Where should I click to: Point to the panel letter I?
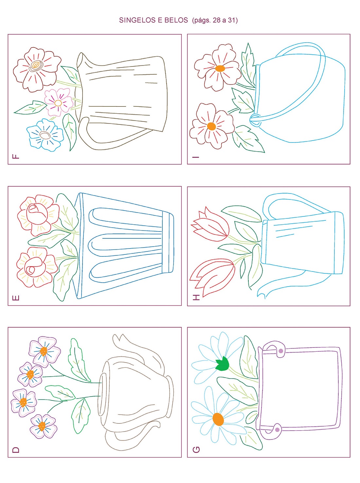[195, 157]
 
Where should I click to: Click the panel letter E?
[16, 298]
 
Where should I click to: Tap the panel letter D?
[16, 450]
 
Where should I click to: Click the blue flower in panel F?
[45, 135]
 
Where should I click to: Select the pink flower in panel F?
[58, 102]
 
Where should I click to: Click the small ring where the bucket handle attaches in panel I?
[255, 120]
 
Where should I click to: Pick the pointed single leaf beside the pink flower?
[30, 107]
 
